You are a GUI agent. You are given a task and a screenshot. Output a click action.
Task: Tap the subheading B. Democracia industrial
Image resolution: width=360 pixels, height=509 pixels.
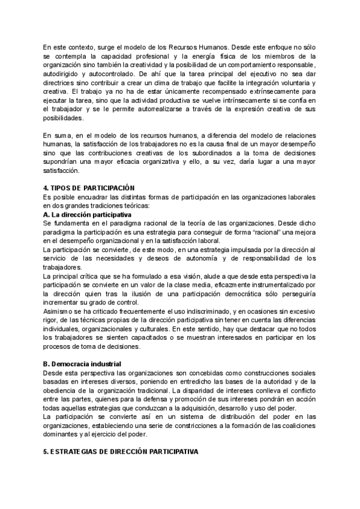click(x=82, y=364)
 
